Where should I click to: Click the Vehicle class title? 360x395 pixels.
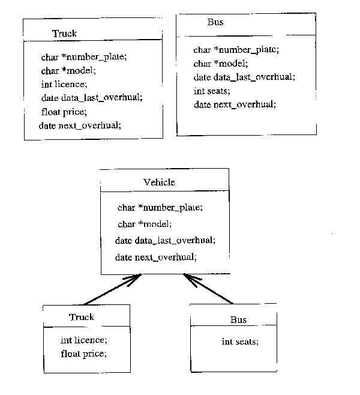pyautogui.click(x=160, y=182)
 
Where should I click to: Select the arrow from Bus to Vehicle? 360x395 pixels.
pyautogui.click(x=208, y=288)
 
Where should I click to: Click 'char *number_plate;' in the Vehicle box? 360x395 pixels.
pyautogui.click(x=160, y=208)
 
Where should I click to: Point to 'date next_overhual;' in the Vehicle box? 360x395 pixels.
pyautogui.click(x=155, y=257)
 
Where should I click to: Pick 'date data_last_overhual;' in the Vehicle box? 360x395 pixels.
pyautogui.click(x=164, y=240)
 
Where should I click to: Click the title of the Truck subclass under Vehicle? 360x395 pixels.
pyautogui.click(x=82, y=317)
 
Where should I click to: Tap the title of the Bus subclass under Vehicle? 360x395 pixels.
pyautogui.click(x=238, y=319)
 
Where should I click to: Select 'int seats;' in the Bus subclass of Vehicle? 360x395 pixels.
pyautogui.click(x=240, y=342)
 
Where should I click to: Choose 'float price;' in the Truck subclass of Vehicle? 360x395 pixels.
pyautogui.click(x=84, y=354)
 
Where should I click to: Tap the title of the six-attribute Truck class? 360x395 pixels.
pyautogui.click(x=64, y=34)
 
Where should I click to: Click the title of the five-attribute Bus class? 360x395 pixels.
pyautogui.click(x=215, y=23)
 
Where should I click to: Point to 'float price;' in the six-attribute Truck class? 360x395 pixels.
pyautogui.click(x=64, y=112)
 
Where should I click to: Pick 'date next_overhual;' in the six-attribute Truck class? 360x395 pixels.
pyautogui.click(x=80, y=125)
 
